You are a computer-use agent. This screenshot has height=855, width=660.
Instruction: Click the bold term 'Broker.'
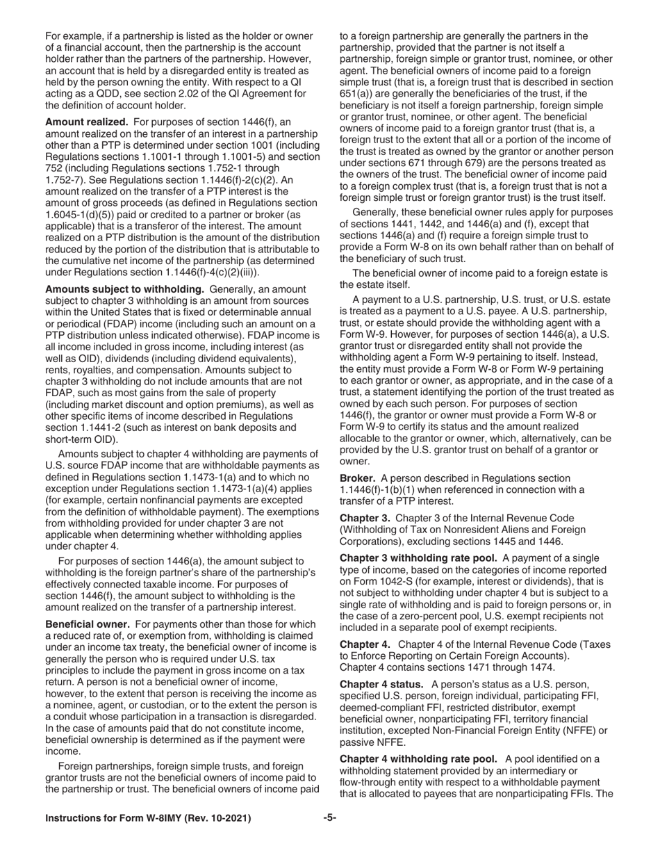coord(358,478)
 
